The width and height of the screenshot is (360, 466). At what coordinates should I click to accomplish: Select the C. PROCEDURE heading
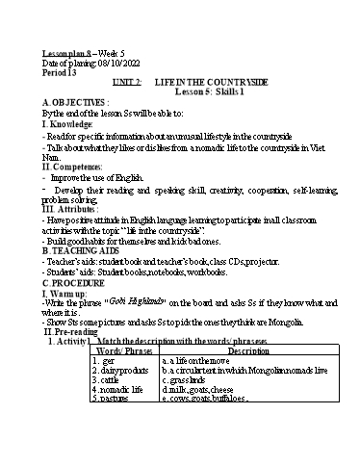(x=73, y=282)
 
